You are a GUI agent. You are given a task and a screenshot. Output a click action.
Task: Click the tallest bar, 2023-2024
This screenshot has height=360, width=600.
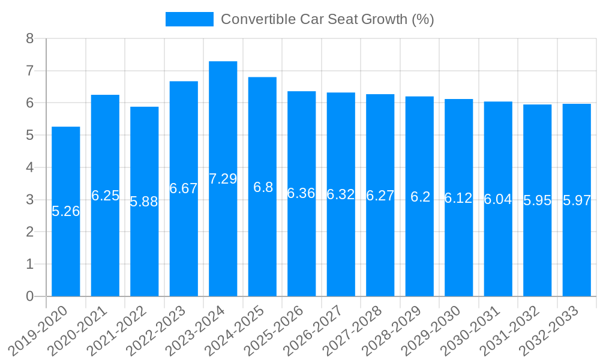coord(223,240)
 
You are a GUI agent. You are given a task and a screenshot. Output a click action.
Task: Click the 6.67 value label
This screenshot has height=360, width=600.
coord(184,188)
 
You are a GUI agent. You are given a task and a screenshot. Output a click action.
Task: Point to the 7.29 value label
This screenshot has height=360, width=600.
coord(223,179)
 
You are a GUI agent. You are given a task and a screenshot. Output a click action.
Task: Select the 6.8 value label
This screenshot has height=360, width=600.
coord(263,187)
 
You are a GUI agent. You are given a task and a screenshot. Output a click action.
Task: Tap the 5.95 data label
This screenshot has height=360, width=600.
coord(538,200)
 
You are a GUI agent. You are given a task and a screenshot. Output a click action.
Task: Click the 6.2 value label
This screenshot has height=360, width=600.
coord(420,197)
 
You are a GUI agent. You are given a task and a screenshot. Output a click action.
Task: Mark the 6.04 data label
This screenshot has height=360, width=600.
coord(498,199)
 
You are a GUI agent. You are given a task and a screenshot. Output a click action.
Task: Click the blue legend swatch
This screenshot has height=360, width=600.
coord(189,19)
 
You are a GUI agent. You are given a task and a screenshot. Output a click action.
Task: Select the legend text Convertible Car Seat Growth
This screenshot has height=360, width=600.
coord(327,19)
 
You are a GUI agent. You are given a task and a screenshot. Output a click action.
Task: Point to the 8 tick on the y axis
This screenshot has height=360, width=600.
coord(30,39)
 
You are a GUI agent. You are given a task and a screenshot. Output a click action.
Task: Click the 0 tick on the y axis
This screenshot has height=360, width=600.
coord(30,296)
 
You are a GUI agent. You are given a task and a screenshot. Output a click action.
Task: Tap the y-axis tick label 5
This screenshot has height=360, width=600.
coord(30,136)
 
